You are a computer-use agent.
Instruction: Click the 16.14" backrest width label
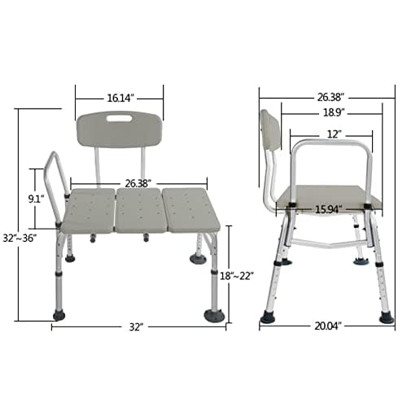120,98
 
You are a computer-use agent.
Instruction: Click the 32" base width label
136,326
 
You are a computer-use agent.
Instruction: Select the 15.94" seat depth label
328,209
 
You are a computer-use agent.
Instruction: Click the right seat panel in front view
190,209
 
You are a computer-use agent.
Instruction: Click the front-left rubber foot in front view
61,313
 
